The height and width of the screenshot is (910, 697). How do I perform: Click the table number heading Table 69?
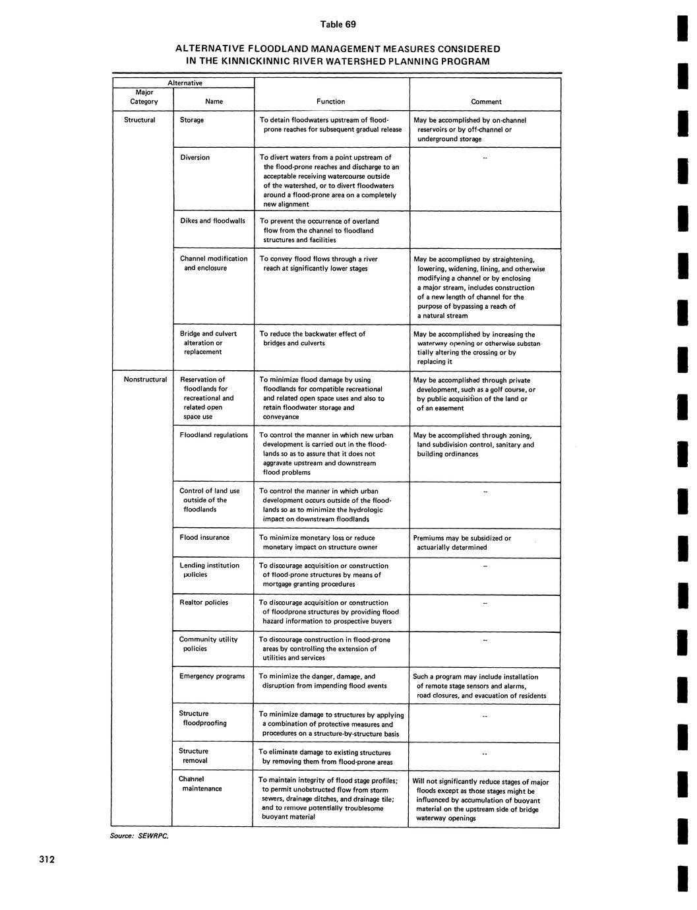[x=338, y=24]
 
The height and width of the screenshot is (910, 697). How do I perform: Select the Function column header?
[x=330, y=102]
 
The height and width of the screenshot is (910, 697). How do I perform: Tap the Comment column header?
[x=486, y=102]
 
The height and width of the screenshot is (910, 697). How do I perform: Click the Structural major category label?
[x=139, y=120]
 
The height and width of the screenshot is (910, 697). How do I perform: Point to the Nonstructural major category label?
[x=145, y=379]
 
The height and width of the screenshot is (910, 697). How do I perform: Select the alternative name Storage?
[x=192, y=120]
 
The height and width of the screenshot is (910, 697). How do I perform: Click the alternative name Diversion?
[x=195, y=157]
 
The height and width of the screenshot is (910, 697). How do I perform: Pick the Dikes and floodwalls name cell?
[x=212, y=220]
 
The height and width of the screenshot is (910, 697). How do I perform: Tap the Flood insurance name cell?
[x=204, y=537]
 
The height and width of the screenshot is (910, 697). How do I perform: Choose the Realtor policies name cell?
[x=204, y=602]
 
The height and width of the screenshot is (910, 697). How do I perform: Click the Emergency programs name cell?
[x=212, y=676]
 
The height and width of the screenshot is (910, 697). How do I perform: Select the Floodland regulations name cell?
[x=214, y=435]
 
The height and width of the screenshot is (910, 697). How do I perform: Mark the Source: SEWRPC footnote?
[x=139, y=836]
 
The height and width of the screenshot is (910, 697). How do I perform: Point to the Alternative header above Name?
[x=185, y=83]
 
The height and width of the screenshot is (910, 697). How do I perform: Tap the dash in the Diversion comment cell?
[x=485, y=158]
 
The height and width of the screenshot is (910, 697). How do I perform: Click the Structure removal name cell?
[x=193, y=756]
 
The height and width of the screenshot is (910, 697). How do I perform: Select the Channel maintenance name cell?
[x=200, y=784]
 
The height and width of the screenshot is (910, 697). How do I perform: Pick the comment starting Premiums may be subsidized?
[x=462, y=542]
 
